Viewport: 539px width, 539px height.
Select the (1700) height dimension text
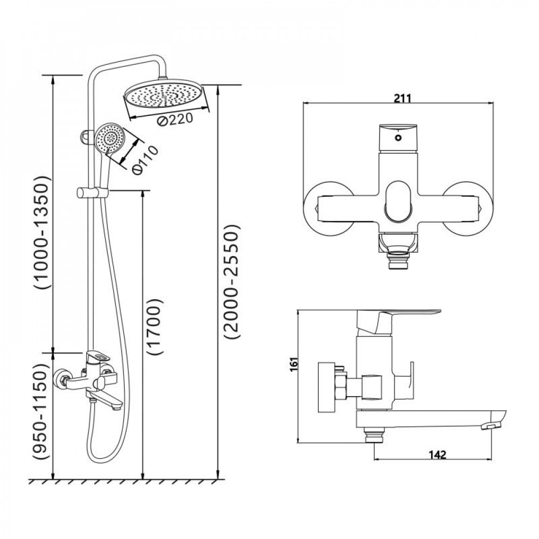(155, 327)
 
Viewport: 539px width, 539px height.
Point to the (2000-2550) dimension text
(231, 282)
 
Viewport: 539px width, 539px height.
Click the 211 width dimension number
(402, 99)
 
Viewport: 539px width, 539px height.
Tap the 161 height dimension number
(293, 364)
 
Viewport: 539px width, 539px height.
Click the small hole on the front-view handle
(398, 138)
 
